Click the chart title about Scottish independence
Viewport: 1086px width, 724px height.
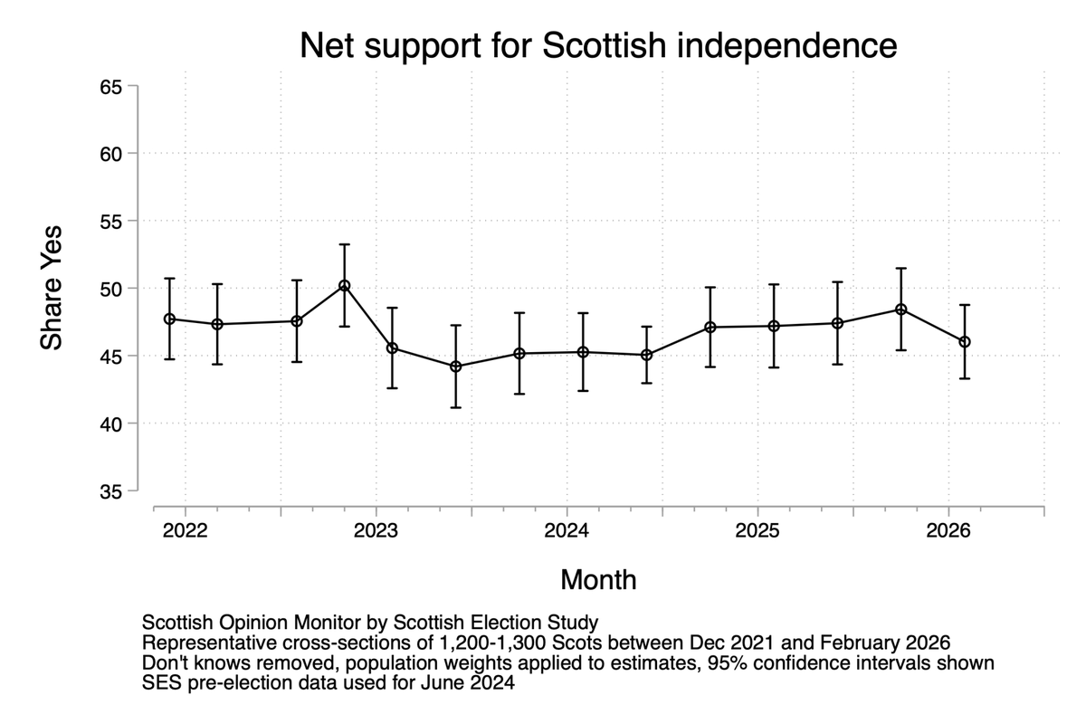pos(598,44)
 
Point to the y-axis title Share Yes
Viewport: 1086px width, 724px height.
pos(52,288)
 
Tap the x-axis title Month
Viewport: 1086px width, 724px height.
pos(598,579)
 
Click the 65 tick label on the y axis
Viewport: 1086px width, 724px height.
pos(110,87)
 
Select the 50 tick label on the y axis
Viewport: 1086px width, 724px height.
pos(110,289)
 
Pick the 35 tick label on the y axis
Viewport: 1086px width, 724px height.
pos(110,491)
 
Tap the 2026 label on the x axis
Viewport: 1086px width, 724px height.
pos(948,530)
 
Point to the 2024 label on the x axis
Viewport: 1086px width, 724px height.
pos(567,530)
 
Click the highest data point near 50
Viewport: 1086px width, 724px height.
pos(344,286)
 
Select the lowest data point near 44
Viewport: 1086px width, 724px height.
pos(456,367)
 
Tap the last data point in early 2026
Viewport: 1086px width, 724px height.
pos(965,342)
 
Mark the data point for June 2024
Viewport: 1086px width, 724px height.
pos(646,355)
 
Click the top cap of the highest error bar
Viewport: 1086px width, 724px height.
pos(344,244)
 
